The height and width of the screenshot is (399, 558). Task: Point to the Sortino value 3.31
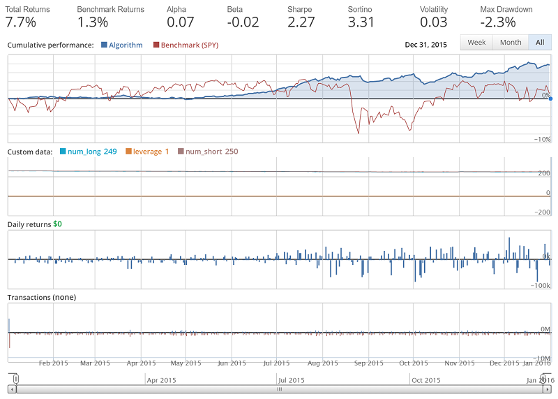361,22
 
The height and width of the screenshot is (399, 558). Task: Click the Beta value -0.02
243,22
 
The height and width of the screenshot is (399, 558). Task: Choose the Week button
476,43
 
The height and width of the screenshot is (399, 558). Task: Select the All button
539,43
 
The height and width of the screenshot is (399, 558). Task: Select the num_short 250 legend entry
207,152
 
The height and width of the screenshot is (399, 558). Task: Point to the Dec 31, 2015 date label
426,45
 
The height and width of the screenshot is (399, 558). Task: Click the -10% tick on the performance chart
542,140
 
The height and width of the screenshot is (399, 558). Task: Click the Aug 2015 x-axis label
323,363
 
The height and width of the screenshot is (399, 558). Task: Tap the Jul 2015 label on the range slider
291,381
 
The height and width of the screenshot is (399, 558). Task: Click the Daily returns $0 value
57,224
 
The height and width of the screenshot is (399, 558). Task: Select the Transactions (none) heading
41,297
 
